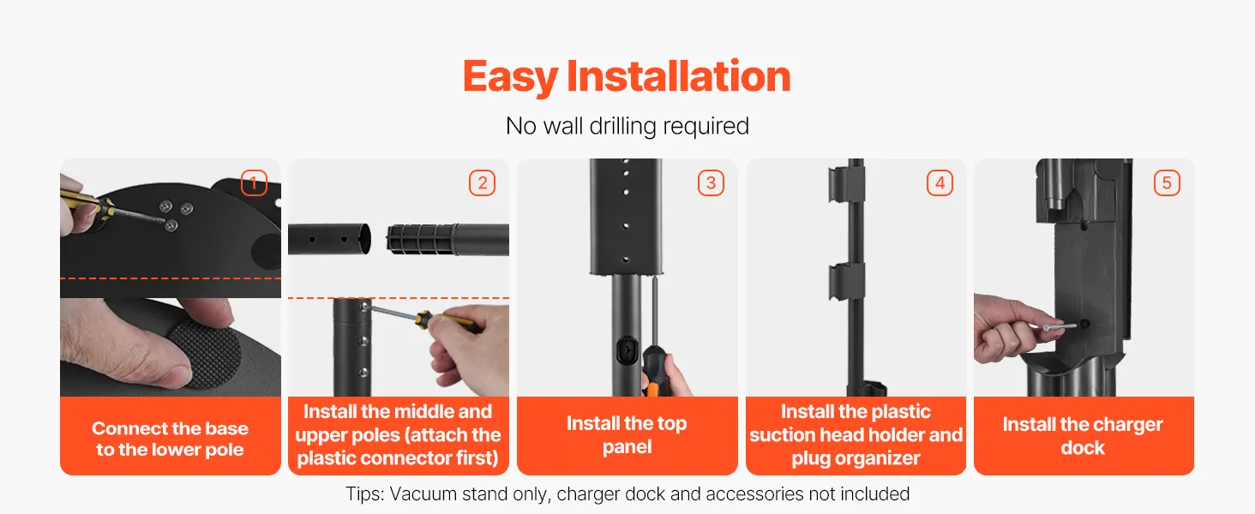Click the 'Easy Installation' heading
point(627,76)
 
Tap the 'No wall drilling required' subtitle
point(627,126)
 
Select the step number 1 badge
point(254,183)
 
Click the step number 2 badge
point(482,183)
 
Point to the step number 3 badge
point(711,183)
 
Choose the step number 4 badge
point(940,183)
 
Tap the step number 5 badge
point(1167,183)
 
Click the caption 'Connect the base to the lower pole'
point(171,439)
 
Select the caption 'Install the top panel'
point(627,434)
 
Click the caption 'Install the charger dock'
point(1083,435)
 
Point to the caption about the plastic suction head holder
point(856,434)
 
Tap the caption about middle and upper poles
point(398,434)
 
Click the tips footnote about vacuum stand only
point(627,493)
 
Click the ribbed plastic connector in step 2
point(421,239)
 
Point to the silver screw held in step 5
point(1060,326)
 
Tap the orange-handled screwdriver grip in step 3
point(653,372)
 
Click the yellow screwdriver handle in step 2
point(448,321)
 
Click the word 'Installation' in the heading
point(678,76)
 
